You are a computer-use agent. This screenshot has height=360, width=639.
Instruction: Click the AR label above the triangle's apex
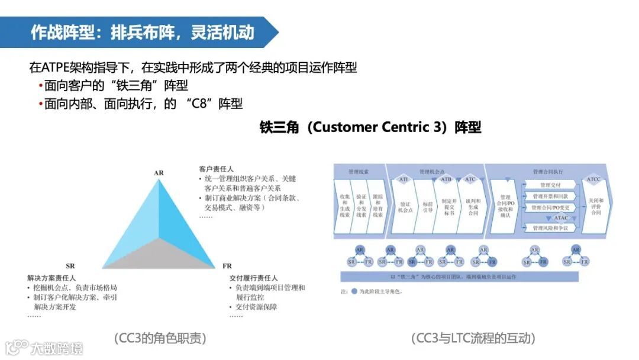click(159, 173)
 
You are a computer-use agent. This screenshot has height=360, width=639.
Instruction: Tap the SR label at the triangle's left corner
click(70, 265)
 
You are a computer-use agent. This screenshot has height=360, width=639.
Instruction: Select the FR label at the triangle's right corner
click(227, 265)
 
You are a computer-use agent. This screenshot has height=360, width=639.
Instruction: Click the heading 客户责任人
click(216, 169)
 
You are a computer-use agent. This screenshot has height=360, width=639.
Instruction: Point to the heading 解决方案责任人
click(51, 278)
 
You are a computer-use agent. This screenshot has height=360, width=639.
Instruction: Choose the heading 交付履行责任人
click(253, 278)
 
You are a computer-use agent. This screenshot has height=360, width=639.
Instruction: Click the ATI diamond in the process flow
click(404, 179)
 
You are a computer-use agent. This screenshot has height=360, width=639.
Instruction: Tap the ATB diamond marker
click(446, 179)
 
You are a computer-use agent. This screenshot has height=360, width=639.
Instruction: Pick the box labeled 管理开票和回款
click(550, 197)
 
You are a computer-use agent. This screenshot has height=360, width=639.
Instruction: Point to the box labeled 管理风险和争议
click(550, 228)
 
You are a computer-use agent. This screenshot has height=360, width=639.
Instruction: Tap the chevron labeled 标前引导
click(427, 206)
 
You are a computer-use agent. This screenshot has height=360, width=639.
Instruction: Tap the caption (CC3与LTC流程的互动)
click(473, 338)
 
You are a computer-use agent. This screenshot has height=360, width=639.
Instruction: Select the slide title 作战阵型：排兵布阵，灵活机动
click(142, 32)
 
